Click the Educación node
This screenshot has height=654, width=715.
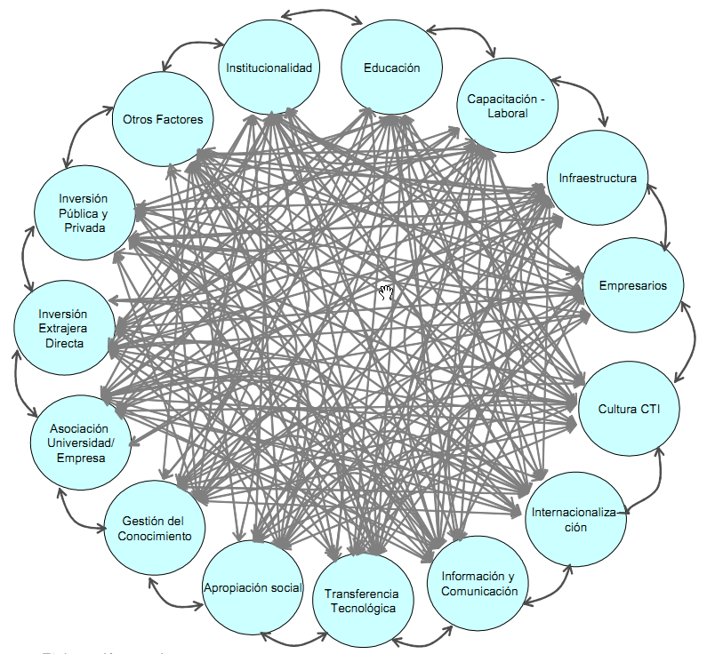click(x=391, y=68)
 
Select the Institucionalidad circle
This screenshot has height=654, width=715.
click(x=269, y=68)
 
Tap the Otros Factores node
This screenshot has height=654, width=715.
click(x=163, y=120)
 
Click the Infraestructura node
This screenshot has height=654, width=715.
click(x=598, y=178)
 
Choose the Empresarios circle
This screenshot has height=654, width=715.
click(x=632, y=285)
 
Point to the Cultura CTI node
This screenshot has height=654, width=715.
click(x=629, y=409)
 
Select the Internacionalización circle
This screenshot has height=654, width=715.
click(x=572, y=519)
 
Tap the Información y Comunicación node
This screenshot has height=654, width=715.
click(x=478, y=584)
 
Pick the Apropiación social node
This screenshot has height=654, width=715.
click(x=253, y=587)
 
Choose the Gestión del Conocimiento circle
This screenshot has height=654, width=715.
click(x=157, y=528)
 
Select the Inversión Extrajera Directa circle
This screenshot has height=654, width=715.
click(x=63, y=328)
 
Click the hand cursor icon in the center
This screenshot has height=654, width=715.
click(x=386, y=292)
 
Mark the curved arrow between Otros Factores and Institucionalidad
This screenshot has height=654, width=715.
click(x=190, y=48)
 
